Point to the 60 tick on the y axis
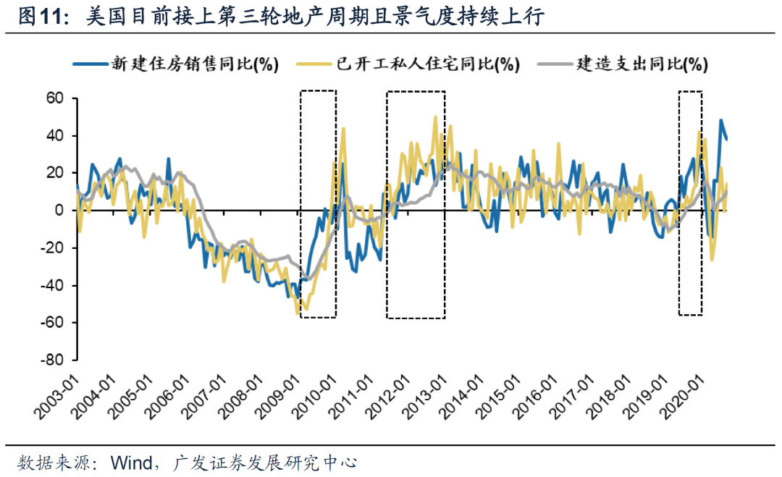point(56,98)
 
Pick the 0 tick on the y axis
point(61,211)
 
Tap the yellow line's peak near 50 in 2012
point(435,117)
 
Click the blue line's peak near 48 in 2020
point(720,120)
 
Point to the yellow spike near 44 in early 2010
point(342,128)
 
